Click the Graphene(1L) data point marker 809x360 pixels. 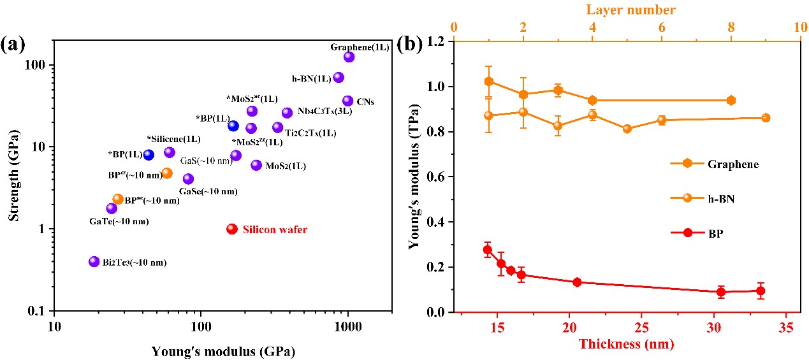[349, 57]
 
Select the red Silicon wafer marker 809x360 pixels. [232, 229]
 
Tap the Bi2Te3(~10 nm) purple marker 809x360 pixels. [94, 261]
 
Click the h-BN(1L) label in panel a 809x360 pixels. [312, 78]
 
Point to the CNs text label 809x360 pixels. [365, 102]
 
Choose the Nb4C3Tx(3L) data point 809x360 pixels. [287, 113]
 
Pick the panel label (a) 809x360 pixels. [13, 45]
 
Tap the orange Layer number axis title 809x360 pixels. [626, 10]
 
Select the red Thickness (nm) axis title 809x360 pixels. [625, 345]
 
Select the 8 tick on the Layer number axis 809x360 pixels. [731, 28]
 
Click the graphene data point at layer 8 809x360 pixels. [731, 101]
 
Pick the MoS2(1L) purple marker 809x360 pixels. [256, 165]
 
